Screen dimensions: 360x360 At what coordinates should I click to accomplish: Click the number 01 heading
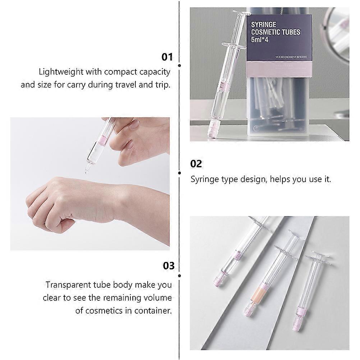(167, 57)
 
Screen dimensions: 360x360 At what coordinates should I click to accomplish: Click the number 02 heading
(196, 164)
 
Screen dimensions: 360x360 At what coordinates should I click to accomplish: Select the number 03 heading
(169, 266)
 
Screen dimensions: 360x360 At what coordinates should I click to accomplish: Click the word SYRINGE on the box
(263, 24)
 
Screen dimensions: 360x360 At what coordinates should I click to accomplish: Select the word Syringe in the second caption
(204, 179)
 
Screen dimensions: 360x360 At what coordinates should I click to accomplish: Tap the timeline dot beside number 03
(179, 276)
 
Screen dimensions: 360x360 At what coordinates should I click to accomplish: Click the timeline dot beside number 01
(179, 66)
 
